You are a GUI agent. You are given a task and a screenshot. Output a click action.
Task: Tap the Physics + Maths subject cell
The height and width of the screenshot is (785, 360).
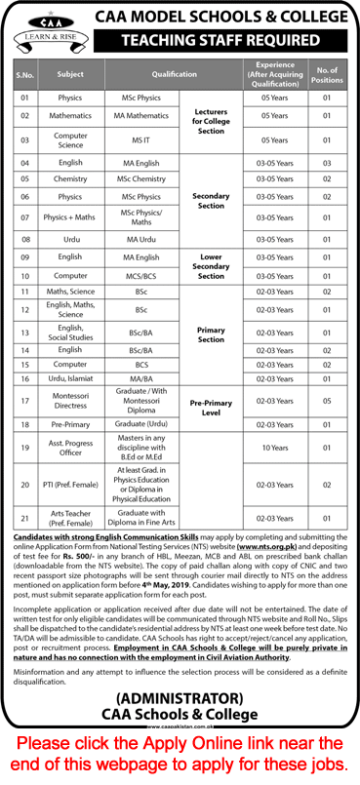70,216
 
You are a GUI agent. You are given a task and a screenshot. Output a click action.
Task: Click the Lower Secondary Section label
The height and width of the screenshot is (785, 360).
212,266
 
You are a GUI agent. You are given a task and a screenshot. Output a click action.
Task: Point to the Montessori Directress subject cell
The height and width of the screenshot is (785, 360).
70,399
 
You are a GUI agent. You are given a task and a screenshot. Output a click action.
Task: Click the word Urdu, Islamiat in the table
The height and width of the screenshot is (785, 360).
70,377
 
